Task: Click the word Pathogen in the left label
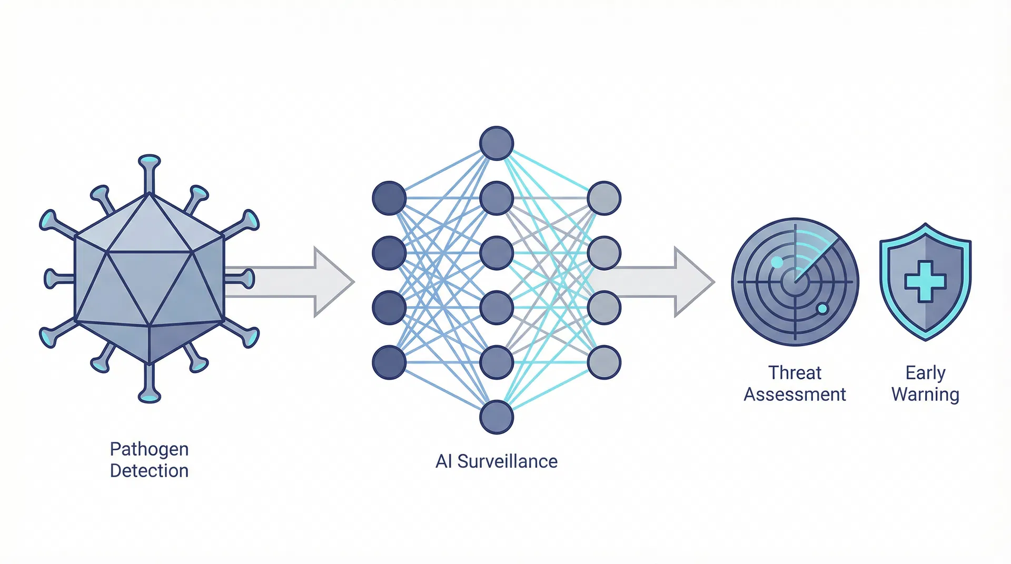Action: click(x=149, y=449)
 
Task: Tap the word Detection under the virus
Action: click(x=149, y=470)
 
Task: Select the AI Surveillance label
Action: click(x=496, y=461)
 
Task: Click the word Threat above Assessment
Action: click(x=795, y=372)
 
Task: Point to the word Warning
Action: click(x=925, y=394)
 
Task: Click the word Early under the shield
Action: click(x=925, y=372)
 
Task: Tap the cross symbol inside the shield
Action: click(x=925, y=282)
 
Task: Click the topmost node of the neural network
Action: click(x=496, y=143)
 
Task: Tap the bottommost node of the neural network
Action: click(x=496, y=417)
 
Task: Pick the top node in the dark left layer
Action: click(x=389, y=198)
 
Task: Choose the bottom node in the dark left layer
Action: click(x=389, y=362)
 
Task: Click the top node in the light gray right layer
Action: click(x=604, y=198)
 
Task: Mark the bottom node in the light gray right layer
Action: click(x=604, y=362)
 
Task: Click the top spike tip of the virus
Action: click(x=149, y=160)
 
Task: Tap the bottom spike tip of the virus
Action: click(x=149, y=397)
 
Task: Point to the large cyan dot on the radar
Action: click(x=777, y=262)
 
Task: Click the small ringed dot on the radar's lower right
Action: click(x=822, y=309)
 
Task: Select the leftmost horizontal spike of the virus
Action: click(x=52, y=279)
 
